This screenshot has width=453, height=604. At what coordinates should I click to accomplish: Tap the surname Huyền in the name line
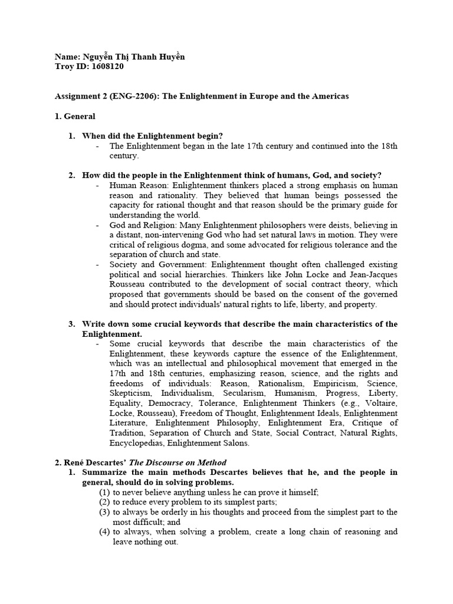pyautogui.click(x=169, y=57)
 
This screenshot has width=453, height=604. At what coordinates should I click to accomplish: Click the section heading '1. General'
pyautogui.click(x=75, y=117)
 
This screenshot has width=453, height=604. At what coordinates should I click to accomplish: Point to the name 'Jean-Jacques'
pyautogui.click(x=372, y=274)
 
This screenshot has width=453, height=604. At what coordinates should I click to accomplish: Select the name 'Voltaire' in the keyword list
pyautogui.click(x=380, y=403)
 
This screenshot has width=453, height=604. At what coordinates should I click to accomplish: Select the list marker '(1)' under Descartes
pyautogui.click(x=104, y=492)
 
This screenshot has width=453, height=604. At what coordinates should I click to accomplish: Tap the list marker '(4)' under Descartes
pyautogui.click(x=104, y=531)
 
